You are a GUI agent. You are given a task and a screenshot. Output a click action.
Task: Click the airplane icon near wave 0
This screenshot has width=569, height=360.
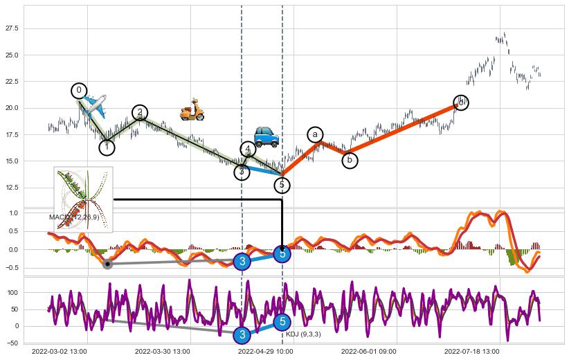point(94,105)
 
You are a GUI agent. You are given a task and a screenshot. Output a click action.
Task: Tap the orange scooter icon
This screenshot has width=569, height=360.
point(192,109)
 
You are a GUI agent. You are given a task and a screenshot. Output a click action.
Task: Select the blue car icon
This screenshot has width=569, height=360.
point(266,136)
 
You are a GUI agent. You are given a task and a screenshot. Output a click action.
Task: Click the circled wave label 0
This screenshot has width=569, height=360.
point(79,91)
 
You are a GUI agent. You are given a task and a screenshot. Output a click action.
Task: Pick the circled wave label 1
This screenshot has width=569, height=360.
point(107,147)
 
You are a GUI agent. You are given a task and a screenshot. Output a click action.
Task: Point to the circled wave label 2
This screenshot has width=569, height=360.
point(140,112)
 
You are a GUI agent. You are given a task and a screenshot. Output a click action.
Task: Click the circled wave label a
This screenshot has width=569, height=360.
point(315,134)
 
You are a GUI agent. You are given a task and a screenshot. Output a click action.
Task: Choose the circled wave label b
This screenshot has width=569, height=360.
point(350,161)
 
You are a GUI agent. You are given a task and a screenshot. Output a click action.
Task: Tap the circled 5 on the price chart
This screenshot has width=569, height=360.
point(282,185)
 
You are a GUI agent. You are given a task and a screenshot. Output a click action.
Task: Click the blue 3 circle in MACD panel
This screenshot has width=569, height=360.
point(242,261)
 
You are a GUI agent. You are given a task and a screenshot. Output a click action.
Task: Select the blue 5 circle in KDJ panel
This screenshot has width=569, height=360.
point(282,321)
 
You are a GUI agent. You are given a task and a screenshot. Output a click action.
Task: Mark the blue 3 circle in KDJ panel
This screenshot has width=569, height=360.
point(242,335)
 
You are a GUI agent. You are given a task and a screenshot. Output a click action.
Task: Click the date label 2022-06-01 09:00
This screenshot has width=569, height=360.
point(368,352)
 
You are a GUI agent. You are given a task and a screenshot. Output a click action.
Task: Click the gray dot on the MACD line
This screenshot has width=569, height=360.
point(107,264)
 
